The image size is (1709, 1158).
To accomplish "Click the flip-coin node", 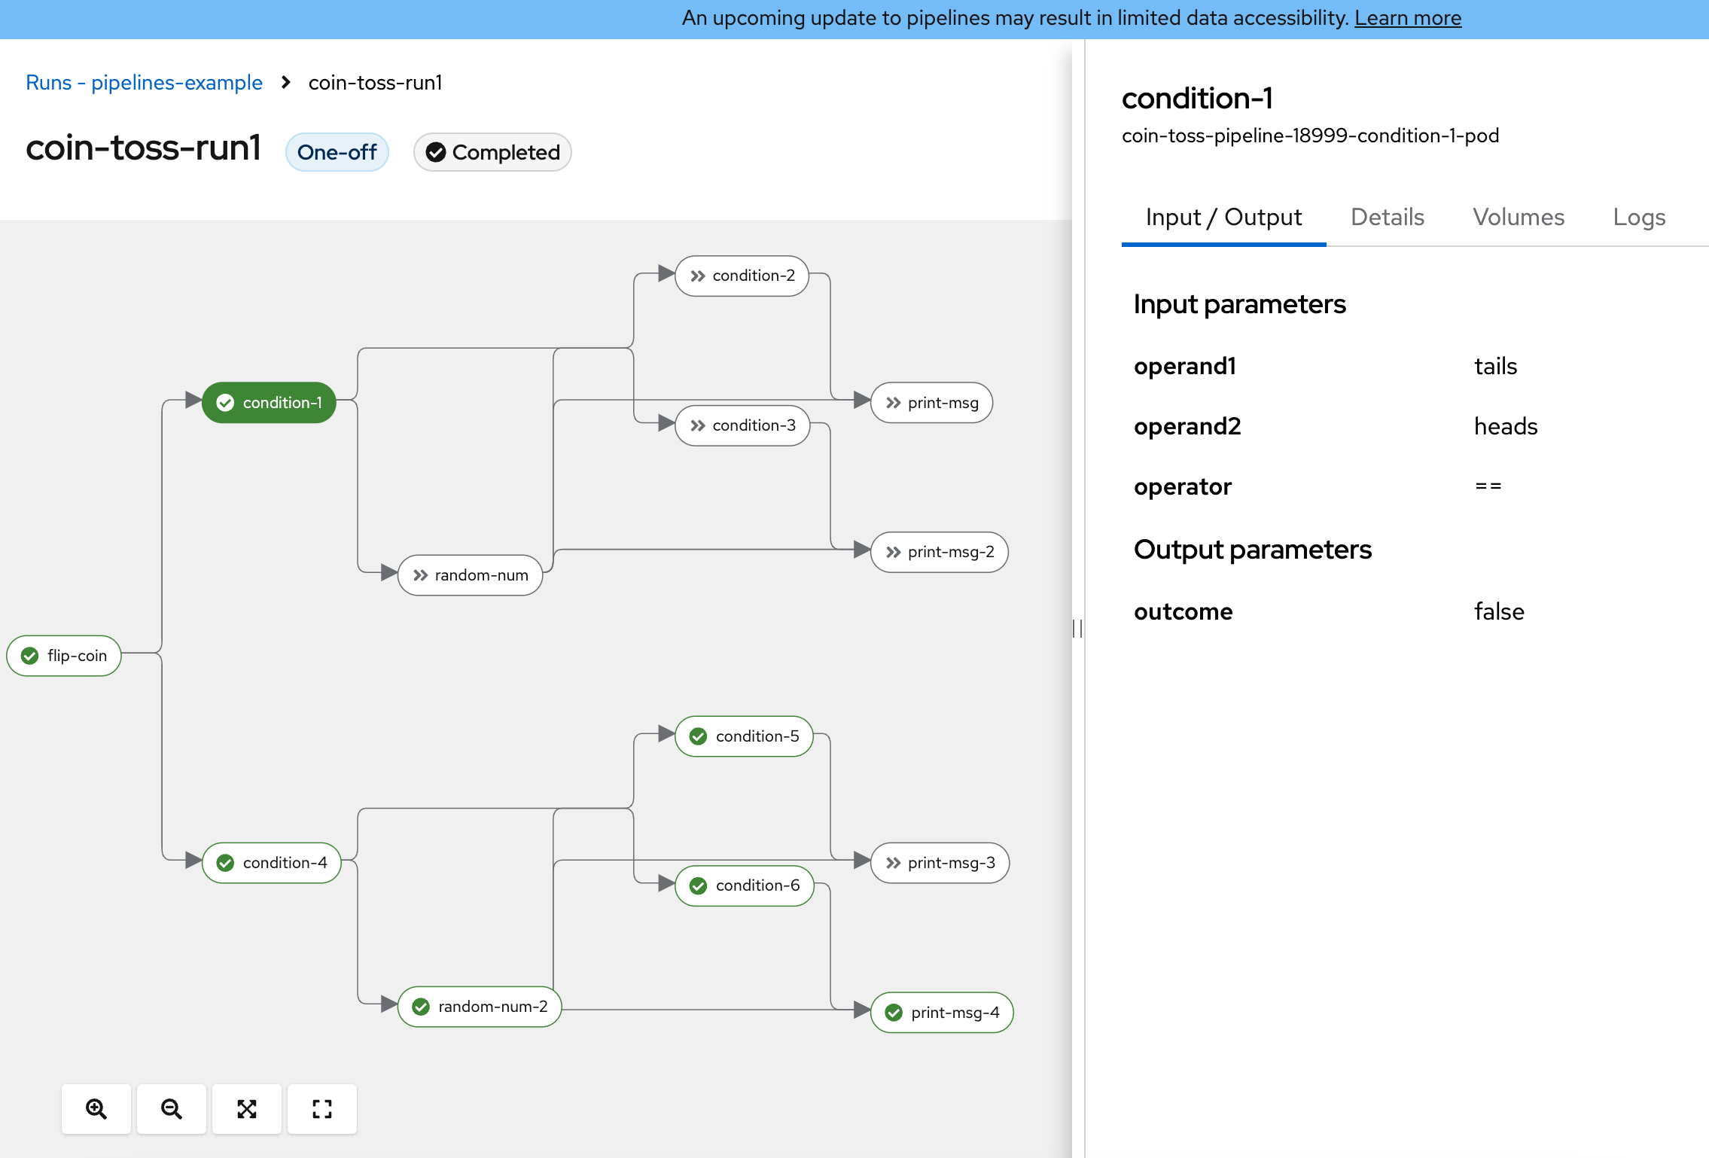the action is (64, 656).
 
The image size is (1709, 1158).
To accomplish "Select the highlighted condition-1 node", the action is (269, 403).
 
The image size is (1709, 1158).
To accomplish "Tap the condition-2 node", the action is (742, 276).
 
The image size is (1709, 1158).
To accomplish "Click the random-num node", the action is (471, 575).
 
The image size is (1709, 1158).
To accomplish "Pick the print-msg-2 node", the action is (940, 552).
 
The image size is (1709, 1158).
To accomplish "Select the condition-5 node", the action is (745, 736).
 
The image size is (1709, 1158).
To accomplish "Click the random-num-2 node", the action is (480, 1007).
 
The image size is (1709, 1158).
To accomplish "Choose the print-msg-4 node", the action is (942, 1013).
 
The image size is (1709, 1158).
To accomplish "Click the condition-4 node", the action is (272, 863).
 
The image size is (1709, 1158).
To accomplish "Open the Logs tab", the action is (1639, 217).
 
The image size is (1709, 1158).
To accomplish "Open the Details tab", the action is (1388, 217).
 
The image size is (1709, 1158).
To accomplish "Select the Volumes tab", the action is (1519, 217).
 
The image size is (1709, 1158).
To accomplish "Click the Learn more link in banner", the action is (1408, 18).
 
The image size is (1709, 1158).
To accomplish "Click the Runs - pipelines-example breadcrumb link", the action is (144, 83).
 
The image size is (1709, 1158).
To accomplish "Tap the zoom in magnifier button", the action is (96, 1109).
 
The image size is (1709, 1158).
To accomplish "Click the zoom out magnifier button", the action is (172, 1109).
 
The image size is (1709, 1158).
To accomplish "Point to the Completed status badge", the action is (492, 152).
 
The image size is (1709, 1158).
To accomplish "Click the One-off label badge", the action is (337, 152).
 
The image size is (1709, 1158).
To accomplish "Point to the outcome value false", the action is (1499, 611).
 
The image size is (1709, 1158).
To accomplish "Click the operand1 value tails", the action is (1495, 366).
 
